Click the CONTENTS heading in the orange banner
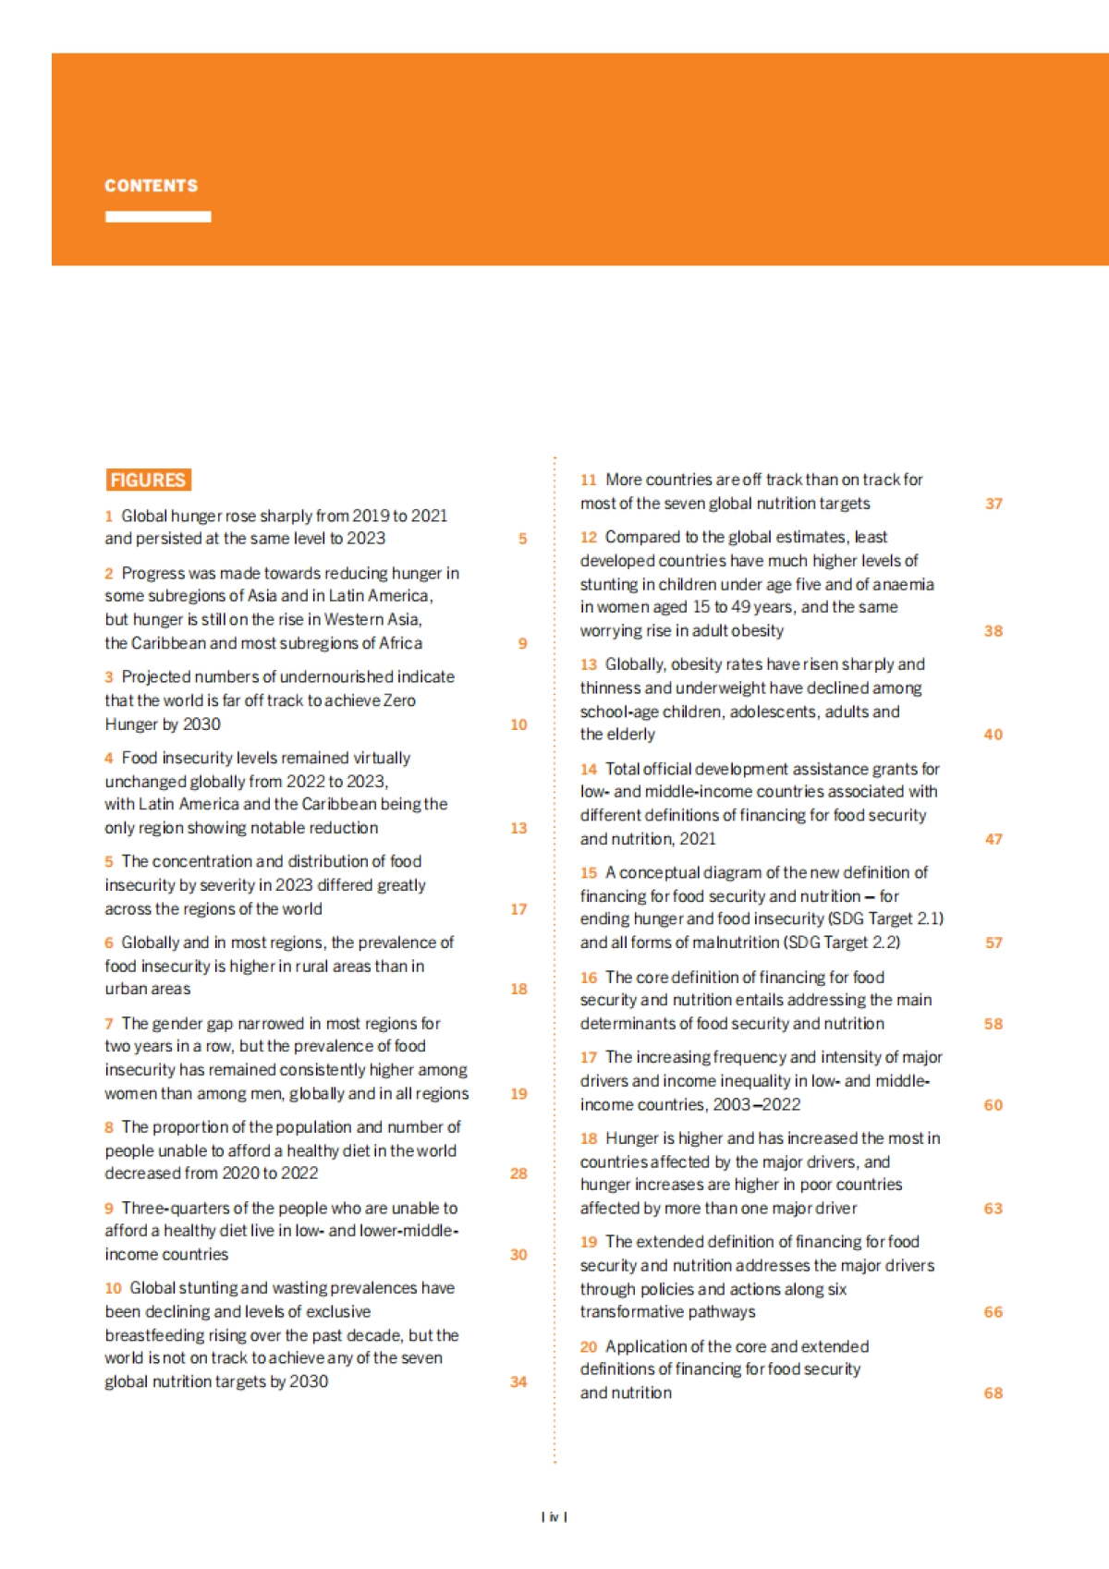tap(151, 186)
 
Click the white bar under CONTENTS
tap(158, 216)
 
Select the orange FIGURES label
tap(148, 480)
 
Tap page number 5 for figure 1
tap(522, 539)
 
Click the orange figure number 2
tap(109, 574)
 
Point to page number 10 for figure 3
tap(518, 724)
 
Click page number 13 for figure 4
tap(518, 828)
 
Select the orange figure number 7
tap(109, 1024)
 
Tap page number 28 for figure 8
tap(518, 1174)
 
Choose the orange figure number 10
tap(113, 1288)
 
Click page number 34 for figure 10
tap(518, 1382)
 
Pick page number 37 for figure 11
tap(993, 504)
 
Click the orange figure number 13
tap(589, 664)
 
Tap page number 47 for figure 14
tap(993, 839)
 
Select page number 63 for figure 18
tap(993, 1209)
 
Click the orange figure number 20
tap(589, 1347)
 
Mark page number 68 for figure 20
tap(993, 1393)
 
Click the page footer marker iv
tap(554, 1517)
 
